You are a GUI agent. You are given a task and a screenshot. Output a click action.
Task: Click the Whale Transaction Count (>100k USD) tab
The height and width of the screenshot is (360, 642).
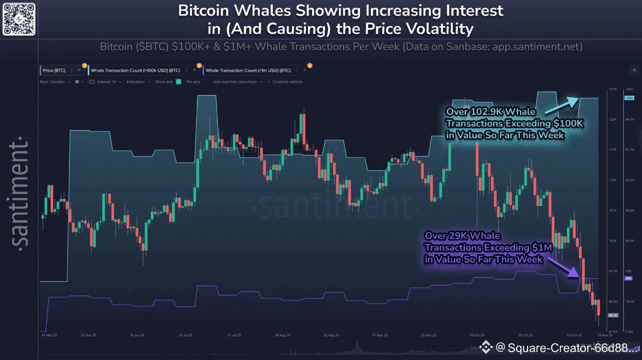click(x=135, y=71)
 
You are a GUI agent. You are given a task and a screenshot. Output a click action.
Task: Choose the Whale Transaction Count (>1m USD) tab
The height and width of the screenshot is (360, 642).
click(x=248, y=71)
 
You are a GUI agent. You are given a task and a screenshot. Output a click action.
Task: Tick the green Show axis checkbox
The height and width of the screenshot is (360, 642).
click(x=178, y=82)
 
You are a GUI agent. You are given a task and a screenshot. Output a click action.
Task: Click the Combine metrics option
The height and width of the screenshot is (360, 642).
click(x=287, y=82)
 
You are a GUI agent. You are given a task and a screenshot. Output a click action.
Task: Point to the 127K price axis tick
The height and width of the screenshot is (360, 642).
click(x=612, y=89)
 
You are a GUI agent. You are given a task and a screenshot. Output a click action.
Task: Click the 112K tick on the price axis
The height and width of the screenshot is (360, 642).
click(x=612, y=180)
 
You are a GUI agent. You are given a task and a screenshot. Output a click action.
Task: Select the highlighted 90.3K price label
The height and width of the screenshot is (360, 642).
click(x=612, y=315)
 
